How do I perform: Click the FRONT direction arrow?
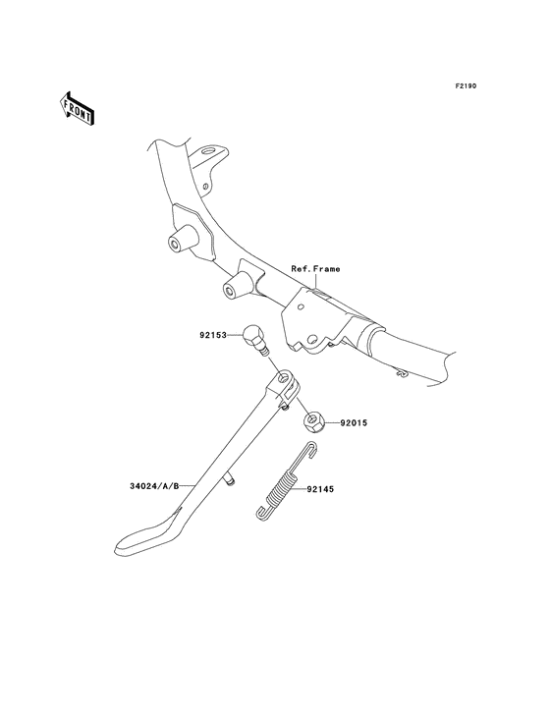pyautogui.click(x=77, y=108)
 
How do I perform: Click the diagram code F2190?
pyautogui.click(x=466, y=85)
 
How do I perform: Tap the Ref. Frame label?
pyautogui.click(x=316, y=269)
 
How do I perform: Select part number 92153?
pyautogui.click(x=213, y=335)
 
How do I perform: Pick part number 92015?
pyautogui.click(x=354, y=423)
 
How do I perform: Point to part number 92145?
pyautogui.click(x=320, y=489)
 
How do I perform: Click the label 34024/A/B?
pyautogui.click(x=154, y=485)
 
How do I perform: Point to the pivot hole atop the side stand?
pyautogui.click(x=285, y=379)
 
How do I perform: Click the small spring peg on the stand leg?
pyautogui.click(x=229, y=480)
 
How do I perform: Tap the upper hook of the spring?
pyautogui.click(x=310, y=449)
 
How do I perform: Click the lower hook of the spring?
pyautogui.click(x=261, y=514)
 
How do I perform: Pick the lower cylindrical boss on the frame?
pyautogui.click(x=236, y=287)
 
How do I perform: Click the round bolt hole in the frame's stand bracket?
pyautogui.click(x=312, y=340)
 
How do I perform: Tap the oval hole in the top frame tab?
pyautogui.click(x=210, y=150)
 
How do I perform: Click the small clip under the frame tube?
pyautogui.click(x=402, y=373)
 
